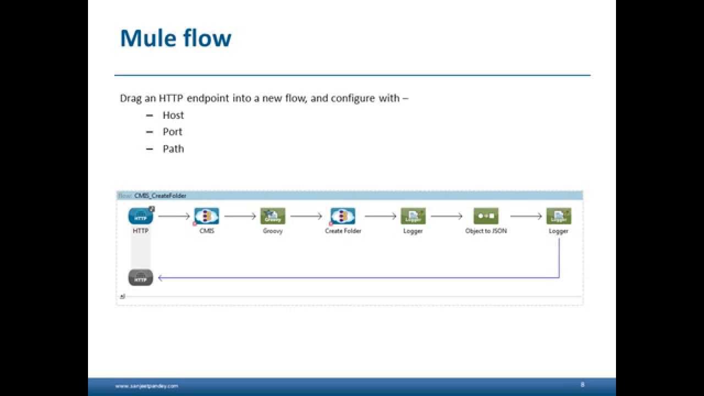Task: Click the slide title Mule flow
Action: (175, 38)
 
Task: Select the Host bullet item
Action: (173, 115)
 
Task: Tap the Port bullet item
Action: (172, 132)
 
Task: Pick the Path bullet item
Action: (173, 148)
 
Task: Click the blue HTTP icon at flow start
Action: (141, 216)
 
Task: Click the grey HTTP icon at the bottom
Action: (141, 278)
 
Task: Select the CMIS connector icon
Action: (207, 216)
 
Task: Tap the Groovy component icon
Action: (273, 216)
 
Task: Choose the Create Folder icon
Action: (343, 216)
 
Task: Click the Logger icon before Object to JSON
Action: (413, 216)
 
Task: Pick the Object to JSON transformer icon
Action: (486, 216)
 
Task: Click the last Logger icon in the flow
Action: (558, 216)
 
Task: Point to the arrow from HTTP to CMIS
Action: (174, 217)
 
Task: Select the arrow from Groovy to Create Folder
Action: (306, 217)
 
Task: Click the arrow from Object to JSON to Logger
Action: (526, 217)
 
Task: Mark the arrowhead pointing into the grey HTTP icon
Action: (161, 278)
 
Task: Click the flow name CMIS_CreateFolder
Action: (160, 196)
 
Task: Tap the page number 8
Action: (582, 384)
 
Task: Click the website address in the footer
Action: (146, 386)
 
